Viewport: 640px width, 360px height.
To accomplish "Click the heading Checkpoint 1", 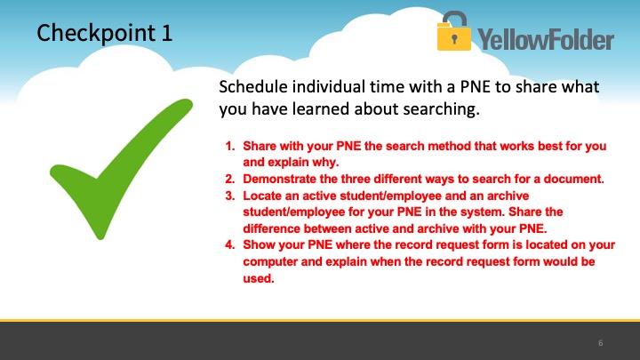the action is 105,33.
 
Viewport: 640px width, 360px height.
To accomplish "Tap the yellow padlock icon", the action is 454,31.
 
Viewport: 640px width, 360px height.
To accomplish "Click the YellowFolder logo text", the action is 546,40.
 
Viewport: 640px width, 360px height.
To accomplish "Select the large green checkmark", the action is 121,169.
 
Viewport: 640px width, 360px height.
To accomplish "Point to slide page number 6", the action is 600,343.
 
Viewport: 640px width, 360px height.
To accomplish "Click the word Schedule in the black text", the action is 253,87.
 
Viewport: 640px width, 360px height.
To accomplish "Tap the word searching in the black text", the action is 441,109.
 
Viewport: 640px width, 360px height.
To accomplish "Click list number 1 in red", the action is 230,146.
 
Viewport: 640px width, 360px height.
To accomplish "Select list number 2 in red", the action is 230,180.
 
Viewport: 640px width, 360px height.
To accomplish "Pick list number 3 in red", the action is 230,196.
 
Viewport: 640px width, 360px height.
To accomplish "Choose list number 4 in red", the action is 230,245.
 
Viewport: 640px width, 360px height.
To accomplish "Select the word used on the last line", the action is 259,278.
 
